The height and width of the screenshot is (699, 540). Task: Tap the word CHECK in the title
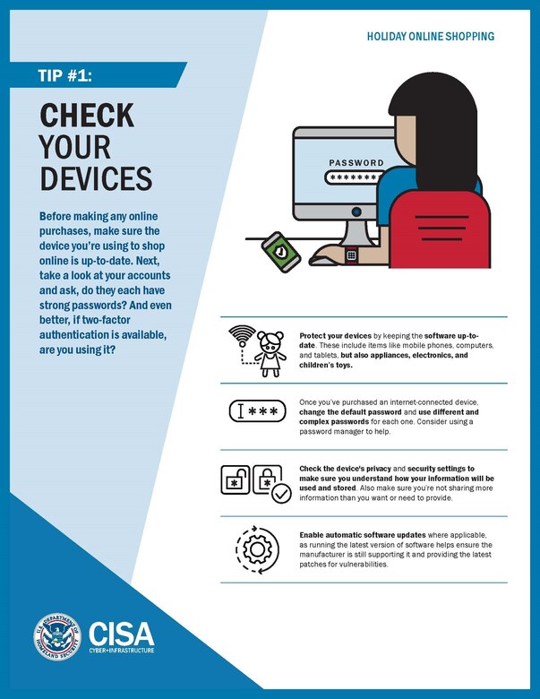click(x=86, y=116)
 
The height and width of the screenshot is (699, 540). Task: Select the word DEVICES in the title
click(x=95, y=177)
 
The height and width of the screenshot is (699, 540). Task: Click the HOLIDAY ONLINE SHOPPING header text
click(x=430, y=37)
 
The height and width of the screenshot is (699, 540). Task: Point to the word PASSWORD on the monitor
click(x=356, y=163)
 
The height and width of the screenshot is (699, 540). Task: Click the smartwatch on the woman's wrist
click(x=352, y=255)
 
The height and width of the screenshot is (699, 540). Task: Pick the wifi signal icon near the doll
click(x=241, y=336)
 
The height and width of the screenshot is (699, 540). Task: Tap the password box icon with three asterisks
click(x=259, y=411)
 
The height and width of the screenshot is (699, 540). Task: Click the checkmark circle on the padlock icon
click(x=281, y=493)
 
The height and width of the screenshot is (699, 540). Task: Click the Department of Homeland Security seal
click(x=56, y=636)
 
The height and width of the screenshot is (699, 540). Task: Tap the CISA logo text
click(x=122, y=631)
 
